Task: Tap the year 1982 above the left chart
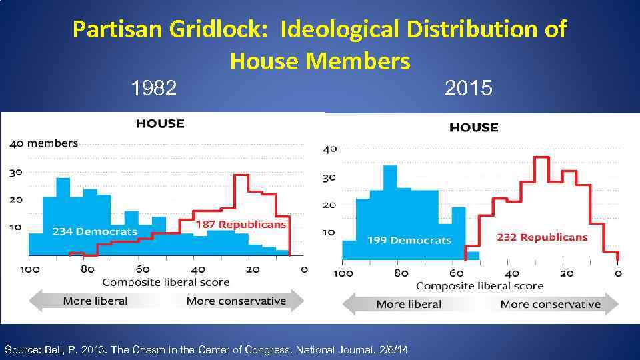tap(154, 88)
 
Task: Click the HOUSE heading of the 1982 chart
tap(160, 123)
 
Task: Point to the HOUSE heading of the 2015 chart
tap(473, 127)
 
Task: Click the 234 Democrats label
tap(95, 232)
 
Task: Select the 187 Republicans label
tap(240, 225)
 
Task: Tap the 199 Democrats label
tap(409, 240)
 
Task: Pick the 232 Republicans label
tap(542, 237)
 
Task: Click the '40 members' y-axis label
tap(44, 143)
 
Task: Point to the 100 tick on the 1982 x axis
tap(30, 269)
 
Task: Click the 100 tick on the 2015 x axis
tap(343, 273)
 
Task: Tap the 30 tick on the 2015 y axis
tap(329, 177)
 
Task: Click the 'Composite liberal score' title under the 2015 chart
tap(480, 286)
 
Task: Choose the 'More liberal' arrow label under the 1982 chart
tap(95, 301)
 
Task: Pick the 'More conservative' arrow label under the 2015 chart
tap(550, 305)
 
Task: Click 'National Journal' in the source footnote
tap(325, 349)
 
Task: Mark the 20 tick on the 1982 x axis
tap(253, 269)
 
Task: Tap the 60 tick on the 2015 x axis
tap(456, 273)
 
